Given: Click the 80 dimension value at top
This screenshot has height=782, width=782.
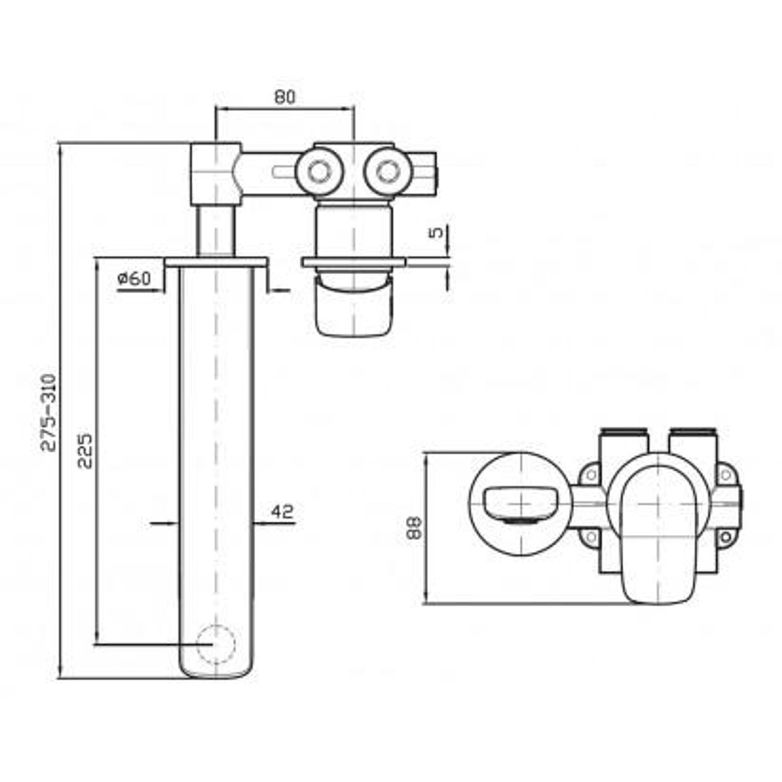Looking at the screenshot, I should coord(285,97).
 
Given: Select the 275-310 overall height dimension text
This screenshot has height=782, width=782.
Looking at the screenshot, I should coord(49,412).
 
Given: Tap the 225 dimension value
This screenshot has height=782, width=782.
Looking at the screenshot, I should coord(85,451).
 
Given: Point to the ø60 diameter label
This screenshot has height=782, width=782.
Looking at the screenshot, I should coord(134,279).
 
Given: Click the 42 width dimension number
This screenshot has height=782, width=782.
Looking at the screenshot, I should coord(283,512).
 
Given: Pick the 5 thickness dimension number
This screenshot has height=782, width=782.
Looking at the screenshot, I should coord(437,232).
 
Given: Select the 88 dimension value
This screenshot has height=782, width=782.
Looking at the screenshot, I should coord(414,528).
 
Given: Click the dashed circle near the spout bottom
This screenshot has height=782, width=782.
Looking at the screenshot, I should coord(215,644).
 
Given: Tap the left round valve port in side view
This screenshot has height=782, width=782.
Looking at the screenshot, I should coord(320,172).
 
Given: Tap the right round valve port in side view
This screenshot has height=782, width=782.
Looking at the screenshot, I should coord(387,172).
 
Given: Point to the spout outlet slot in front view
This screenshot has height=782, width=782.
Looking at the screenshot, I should coord(520,505).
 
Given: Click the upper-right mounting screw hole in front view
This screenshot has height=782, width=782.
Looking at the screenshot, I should coord(725,475).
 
